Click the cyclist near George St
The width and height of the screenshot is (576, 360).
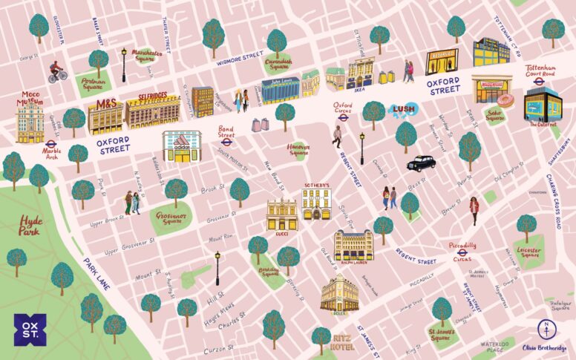57,72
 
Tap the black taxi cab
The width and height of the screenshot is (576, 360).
420,163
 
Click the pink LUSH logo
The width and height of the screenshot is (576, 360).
402,110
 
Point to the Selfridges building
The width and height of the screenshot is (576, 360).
152,112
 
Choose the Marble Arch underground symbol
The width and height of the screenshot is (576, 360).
51,145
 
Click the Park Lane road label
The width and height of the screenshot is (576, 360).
96,273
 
